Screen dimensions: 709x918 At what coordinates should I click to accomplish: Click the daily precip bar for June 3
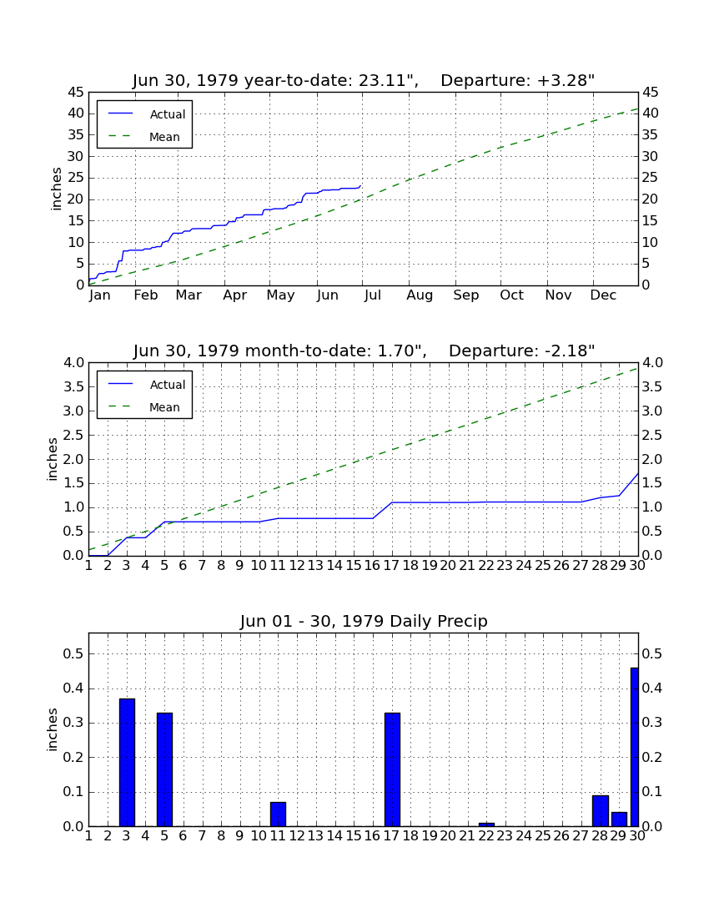coord(127,762)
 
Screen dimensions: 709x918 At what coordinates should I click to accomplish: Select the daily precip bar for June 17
coord(393,769)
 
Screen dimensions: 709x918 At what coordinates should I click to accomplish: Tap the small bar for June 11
coord(279,815)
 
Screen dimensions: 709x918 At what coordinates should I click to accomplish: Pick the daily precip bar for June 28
coord(601,811)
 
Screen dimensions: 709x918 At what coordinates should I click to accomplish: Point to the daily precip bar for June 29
coord(620,819)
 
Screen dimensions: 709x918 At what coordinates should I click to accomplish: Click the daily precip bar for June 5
coord(165,769)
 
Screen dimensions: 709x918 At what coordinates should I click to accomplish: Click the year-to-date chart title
coord(364,80)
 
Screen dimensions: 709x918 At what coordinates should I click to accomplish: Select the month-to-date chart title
coord(364,351)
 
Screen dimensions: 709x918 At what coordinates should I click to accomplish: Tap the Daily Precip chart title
coord(364,621)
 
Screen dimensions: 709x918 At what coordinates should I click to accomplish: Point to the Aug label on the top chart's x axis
coord(420,295)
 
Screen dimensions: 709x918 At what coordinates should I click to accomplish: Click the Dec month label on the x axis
coord(603,295)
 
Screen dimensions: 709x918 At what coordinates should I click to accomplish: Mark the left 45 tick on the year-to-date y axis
coord(77,93)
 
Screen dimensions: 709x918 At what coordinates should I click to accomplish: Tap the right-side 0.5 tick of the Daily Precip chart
coord(652,653)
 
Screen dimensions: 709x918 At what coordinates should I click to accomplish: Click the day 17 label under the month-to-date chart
coord(391,566)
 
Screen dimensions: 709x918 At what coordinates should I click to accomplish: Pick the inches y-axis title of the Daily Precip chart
coord(53,729)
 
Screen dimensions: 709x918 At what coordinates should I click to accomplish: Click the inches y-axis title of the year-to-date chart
coord(56,189)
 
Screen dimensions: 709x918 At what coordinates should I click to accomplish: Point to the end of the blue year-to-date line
coord(361,185)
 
